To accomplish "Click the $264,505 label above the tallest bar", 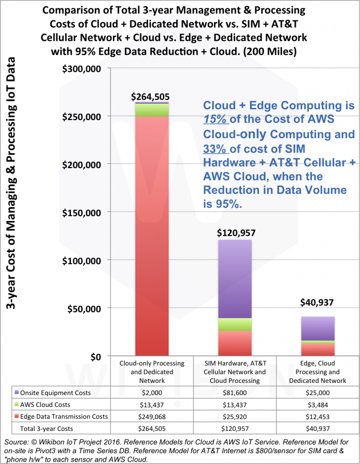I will (x=152, y=96).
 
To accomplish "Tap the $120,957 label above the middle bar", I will (x=236, y=233).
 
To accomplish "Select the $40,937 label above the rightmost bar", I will (x=318, y=302).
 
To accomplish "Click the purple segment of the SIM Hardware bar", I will (x=235, y=279).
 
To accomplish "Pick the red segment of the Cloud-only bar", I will (x=152, y=236).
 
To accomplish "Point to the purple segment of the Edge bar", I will (x=318, y=328).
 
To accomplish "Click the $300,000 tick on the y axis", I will (x=88, y=68).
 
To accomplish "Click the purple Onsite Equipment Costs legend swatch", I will (x=17, y=392).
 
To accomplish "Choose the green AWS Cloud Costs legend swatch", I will (x=17, y=404).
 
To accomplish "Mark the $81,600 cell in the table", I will (x=235, y=392).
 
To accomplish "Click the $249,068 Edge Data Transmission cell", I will (x=152, y=416).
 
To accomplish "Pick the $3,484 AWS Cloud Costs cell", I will (x=318, y=404).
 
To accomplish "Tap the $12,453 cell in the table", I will (x=318, y=416).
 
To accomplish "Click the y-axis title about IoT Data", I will (x=12, y=184).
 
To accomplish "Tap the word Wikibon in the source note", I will (x=50, y=442).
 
